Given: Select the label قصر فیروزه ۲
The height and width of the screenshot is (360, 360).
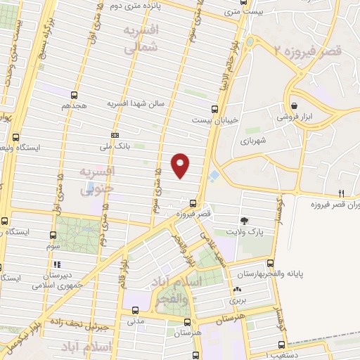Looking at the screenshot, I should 307,50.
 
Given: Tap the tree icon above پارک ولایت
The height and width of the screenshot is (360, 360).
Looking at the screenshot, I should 244,220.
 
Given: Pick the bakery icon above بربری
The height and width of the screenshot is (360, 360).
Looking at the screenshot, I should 237,289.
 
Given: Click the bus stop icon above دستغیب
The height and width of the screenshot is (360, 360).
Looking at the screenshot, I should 282,345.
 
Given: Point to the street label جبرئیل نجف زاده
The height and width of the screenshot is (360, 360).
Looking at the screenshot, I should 82,326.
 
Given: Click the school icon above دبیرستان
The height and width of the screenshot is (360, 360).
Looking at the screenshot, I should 54,265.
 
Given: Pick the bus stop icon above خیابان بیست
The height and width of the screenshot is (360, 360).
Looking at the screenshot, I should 216,108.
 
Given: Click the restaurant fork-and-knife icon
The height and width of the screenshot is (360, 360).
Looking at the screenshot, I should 341,193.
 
